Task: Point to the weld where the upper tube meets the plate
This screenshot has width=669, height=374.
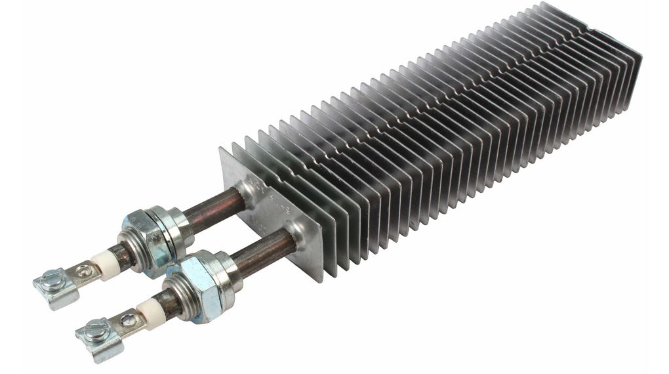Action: pos(243,194)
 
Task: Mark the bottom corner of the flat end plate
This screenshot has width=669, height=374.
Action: pos(319,279)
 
